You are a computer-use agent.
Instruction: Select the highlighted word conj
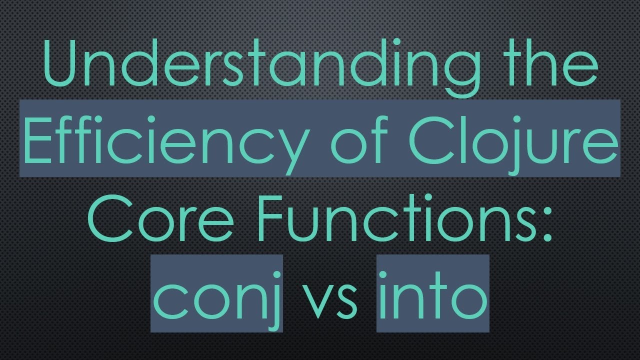coord(216,295)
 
